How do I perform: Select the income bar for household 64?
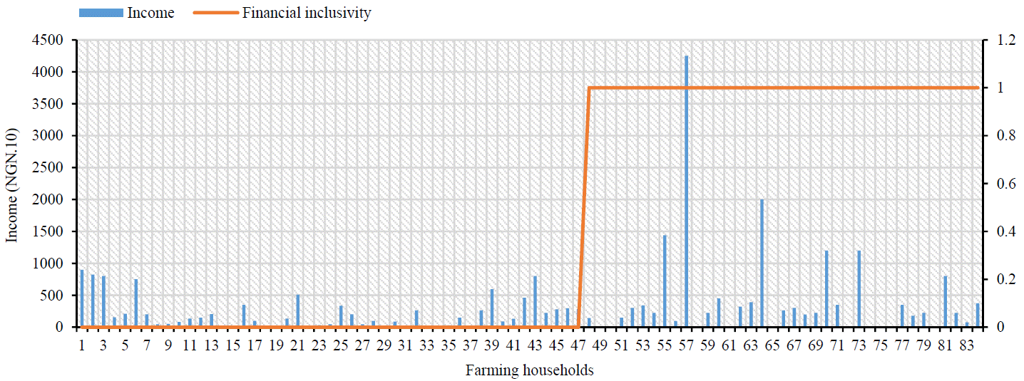[762, 263]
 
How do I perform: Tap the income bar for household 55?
[665, 281]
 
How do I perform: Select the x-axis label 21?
[297, 345]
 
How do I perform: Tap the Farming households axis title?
[529, 370]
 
